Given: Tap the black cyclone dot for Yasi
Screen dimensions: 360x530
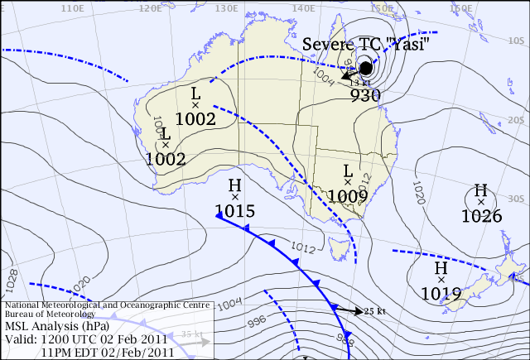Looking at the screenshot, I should click(367, 68).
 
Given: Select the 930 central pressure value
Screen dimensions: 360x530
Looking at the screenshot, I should click(365, 94).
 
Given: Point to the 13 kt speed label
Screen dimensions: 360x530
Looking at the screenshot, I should click(359, 82).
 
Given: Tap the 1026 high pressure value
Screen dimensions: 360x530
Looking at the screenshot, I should click(481, 216).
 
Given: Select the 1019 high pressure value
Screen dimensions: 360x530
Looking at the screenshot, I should click(441, 293).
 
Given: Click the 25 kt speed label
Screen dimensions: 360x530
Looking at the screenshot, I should click(375, 311).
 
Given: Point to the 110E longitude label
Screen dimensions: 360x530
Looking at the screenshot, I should click(74, 7).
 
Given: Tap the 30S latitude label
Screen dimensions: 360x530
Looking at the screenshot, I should click(518, 198).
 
